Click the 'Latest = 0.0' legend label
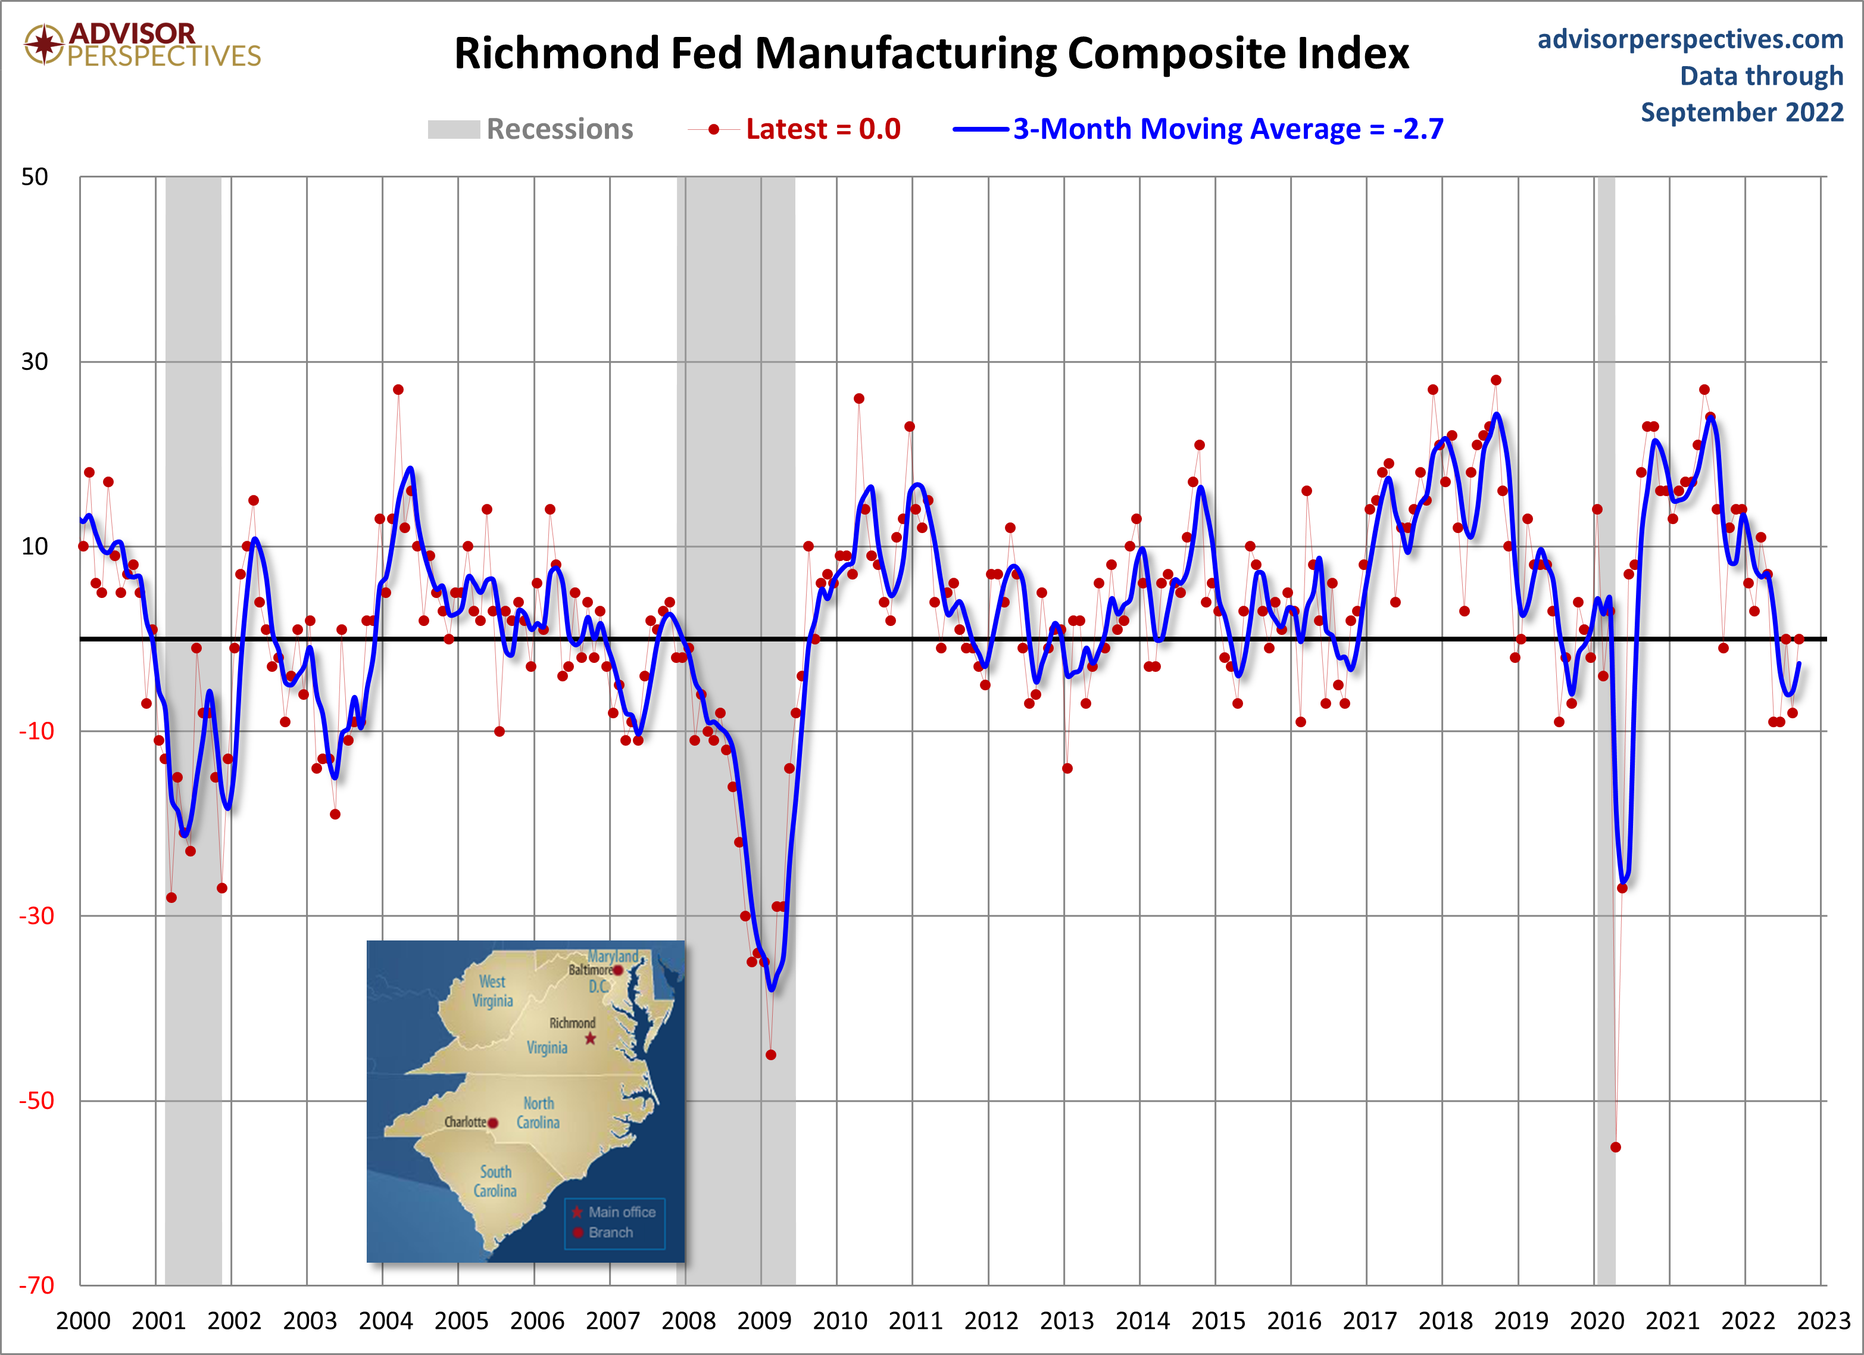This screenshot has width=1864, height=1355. (823, 129)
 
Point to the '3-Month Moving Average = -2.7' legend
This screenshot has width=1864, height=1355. (1227, 129)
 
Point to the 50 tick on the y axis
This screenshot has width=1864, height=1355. (35, 177)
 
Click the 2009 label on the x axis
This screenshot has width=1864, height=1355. (763, 1320)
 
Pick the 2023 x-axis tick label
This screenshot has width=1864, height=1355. (1823, 1320)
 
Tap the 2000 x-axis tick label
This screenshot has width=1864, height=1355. (83, 1320)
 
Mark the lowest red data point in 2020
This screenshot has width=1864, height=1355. (1615, 1147)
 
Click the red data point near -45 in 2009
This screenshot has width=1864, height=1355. (770, 1055)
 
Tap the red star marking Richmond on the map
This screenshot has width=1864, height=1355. (590, 1039)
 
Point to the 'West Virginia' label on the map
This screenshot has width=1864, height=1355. (492, 990)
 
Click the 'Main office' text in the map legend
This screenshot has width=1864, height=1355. (622, 1212)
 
